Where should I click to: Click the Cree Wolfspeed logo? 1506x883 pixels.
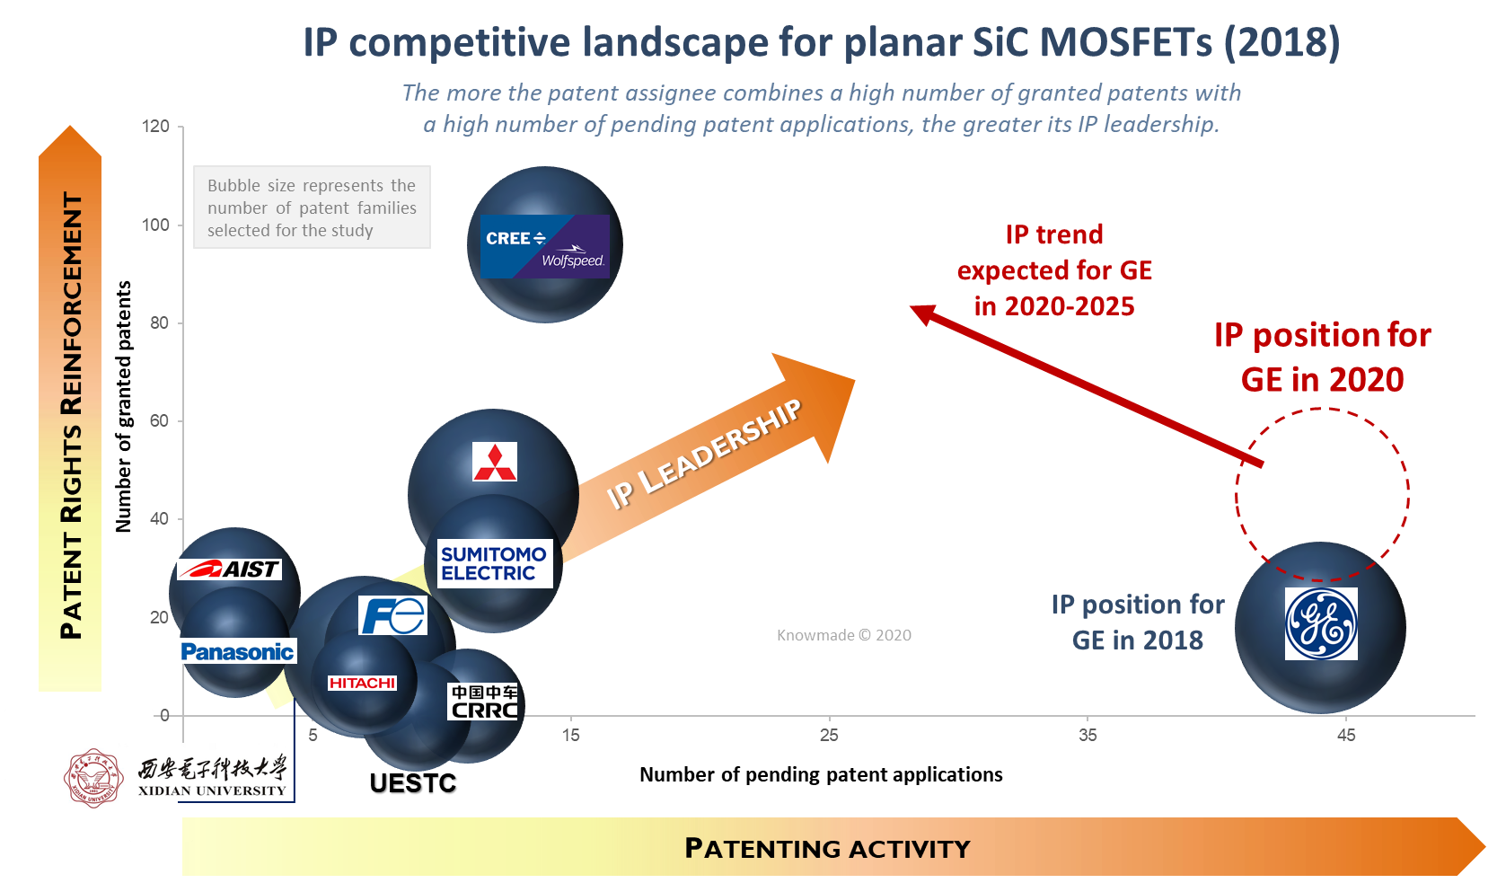(545, 246)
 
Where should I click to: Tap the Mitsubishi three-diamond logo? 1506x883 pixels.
(495, 462)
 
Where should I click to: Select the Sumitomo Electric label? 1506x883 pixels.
(495, 563)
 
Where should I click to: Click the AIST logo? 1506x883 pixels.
(229, 569)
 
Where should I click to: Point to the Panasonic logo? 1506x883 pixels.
(238, 651)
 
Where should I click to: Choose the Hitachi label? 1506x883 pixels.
(363, 684)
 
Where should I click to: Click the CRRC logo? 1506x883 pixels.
(484, 702)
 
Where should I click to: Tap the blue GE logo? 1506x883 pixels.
(1321, 623)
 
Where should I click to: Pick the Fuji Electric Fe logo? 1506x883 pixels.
(393, 615)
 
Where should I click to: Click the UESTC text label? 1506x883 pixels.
(413, 782)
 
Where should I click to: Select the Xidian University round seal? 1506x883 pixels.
(93, 778)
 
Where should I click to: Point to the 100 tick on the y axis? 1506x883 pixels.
(155, 225)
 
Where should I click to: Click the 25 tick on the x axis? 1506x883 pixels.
(829, 735)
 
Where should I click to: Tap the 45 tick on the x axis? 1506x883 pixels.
(1346, 735)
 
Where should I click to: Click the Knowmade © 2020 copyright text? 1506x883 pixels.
(844, 635)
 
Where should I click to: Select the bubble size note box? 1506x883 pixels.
(312, 208)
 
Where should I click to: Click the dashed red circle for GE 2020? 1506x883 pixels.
(1236, 494)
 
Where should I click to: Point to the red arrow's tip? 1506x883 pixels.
(911, 307)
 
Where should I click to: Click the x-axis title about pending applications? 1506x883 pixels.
(821, 774)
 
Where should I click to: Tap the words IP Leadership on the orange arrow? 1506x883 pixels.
(704, 454)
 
